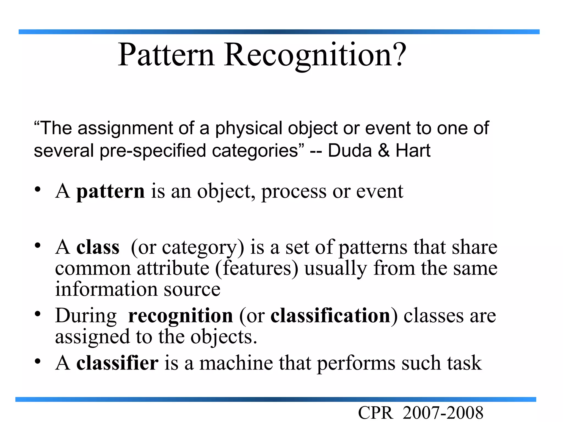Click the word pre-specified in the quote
pos(153,151)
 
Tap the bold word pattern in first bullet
pos(110,191)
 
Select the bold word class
pos(98,247)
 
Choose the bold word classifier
pos(117,363)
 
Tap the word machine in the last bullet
pos(236,363)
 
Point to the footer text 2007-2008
pos(443,413)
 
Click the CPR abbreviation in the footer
pos(375,413)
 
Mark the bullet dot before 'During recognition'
pos(38,313)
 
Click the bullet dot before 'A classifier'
pos(38,361)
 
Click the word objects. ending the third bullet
pos(224,337)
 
